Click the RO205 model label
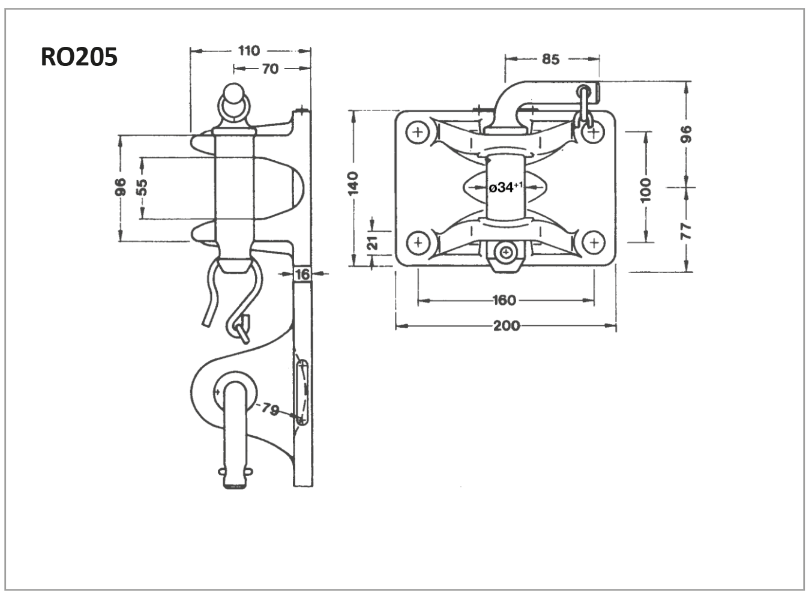click(79, 58)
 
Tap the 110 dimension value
click(248, 51)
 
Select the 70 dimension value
click(270, 69)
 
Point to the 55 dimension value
click(142, 188)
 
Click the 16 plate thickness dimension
click(302, 274)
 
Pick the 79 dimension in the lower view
click(270, 410)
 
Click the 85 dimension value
click(550, 59)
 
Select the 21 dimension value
click(372, 242)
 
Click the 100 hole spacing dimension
click(645, 190)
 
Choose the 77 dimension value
click(687, 230)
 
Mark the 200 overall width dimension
click(506, 326)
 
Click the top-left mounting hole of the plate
click(418, 131)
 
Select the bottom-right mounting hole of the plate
click(594, 242)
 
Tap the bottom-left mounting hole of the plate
click(418, 242)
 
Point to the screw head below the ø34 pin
click(507, 253)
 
